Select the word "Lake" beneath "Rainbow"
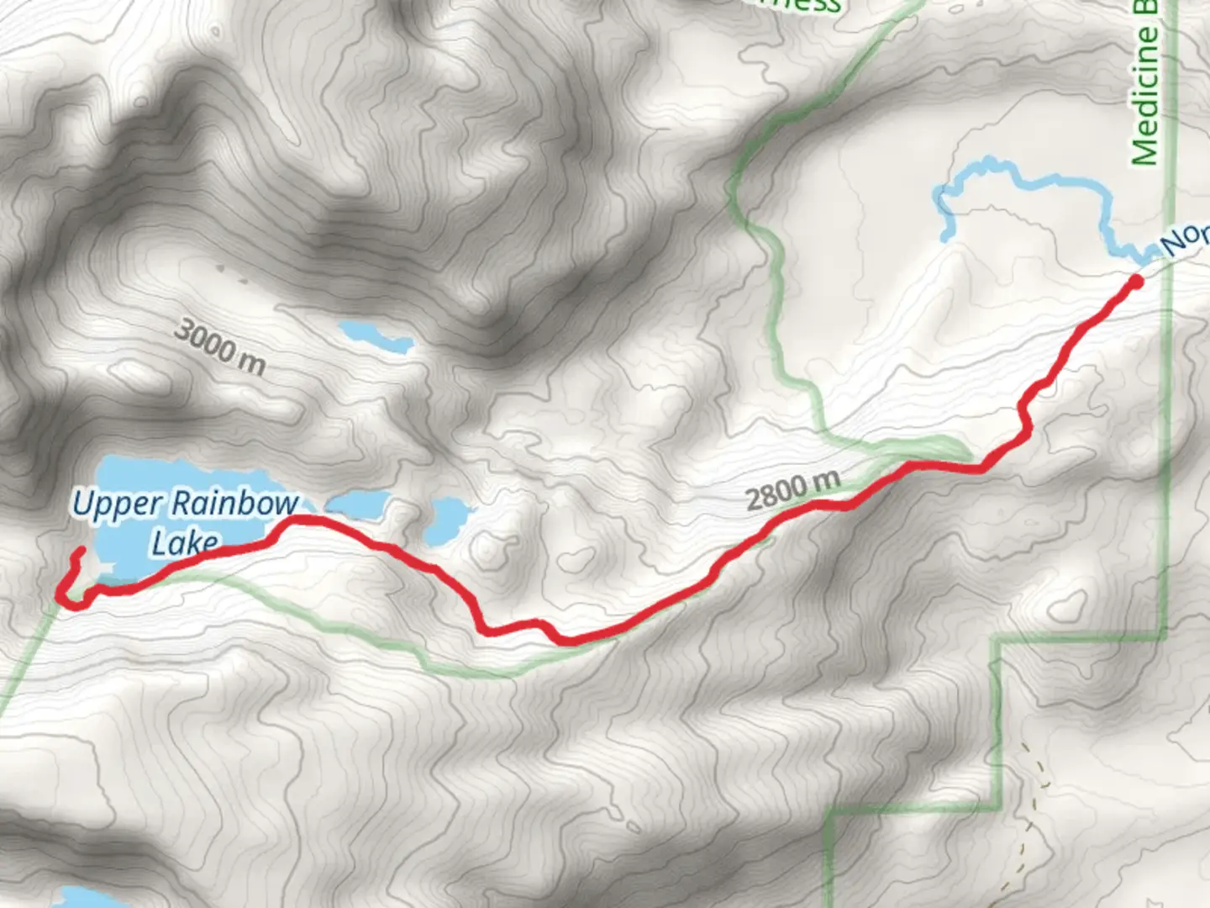tap(185, 542)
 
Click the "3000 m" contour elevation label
tap(219, 346)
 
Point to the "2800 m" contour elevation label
tap(792, 490)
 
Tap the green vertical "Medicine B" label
tap(1144, 84)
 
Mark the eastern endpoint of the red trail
tap(1136, 281)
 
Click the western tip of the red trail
tap(82, 551)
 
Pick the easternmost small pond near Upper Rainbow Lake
tap(446, 519)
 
